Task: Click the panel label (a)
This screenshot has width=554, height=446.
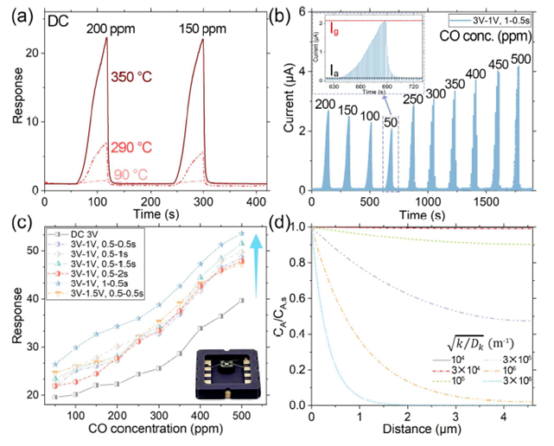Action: pyautogui.click(x=16, y=10)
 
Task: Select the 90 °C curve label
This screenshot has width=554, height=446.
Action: pyautogui.click(x=131, y=173)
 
